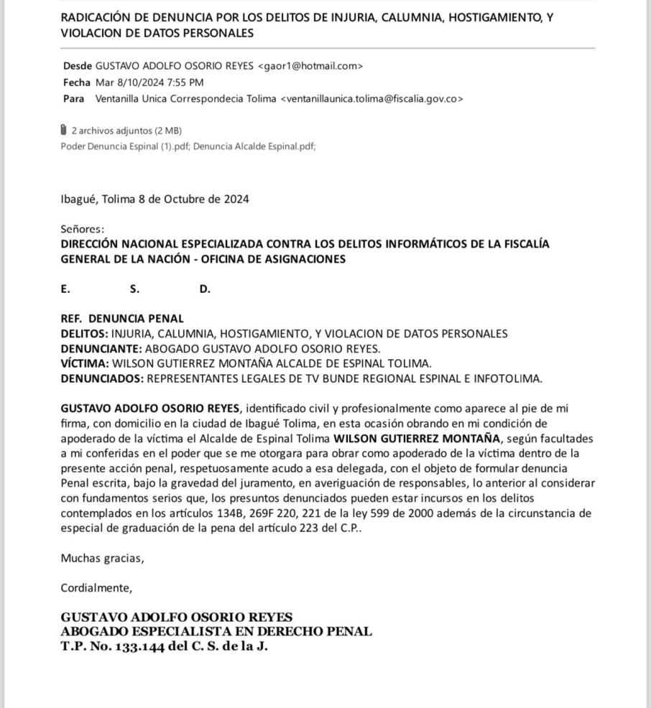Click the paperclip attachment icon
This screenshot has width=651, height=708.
(64, 130)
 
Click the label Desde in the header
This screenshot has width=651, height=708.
(77, 66)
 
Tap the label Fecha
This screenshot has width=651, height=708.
(77, 83)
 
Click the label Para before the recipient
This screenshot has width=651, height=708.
(73, 98)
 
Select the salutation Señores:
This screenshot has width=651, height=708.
(83, 229)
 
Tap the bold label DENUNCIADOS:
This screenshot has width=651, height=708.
(102, 378)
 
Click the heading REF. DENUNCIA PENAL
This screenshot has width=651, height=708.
(122, 318)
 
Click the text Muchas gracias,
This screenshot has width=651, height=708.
(102, 558)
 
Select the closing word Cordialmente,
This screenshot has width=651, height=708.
(96, 588)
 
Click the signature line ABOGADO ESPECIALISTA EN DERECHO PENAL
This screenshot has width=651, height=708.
(216, 632)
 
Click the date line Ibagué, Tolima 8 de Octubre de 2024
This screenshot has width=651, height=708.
(154, 199)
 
